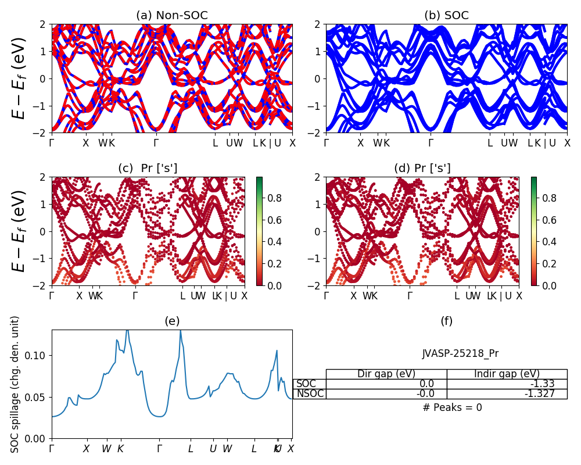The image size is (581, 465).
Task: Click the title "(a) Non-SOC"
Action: point(171,16)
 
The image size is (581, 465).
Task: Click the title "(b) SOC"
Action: point(446,16)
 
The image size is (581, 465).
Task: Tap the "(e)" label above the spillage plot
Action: point(172,321)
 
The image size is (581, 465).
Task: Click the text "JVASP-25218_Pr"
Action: point(460,353)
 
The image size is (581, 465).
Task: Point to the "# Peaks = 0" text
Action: point(452,407)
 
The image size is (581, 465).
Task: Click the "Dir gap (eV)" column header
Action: point(386,374)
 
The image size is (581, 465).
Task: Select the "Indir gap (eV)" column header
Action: point(507,374)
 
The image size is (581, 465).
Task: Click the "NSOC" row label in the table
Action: point(310,394)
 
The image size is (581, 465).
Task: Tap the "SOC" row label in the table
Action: point(306,384)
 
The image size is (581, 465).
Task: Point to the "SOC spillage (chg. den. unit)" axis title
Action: point(16,384)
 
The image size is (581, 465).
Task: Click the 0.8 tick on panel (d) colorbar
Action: point(550,198)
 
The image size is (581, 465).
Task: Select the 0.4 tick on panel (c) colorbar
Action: point(275,242)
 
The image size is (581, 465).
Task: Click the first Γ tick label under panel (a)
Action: point(52,143)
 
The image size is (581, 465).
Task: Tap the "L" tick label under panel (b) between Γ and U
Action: point(490,143)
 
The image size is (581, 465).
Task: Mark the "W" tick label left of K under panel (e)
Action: point(106,449)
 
